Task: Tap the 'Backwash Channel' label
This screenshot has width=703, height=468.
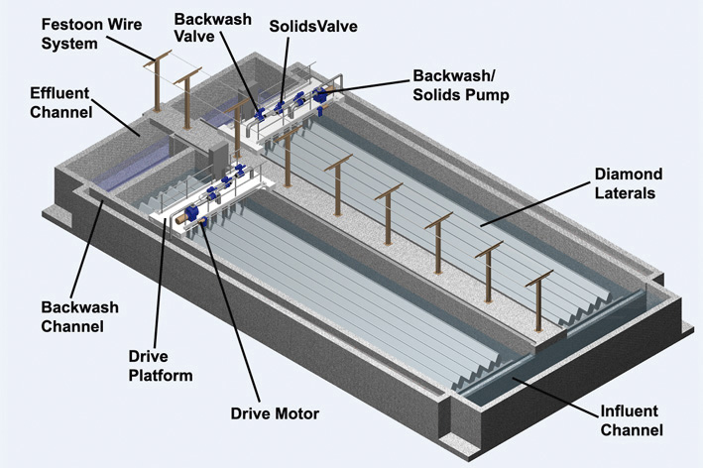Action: tap(73, 313)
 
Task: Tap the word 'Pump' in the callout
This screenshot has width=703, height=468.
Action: tap(493, 95)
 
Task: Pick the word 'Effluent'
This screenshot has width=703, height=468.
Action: tap(59, 93)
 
